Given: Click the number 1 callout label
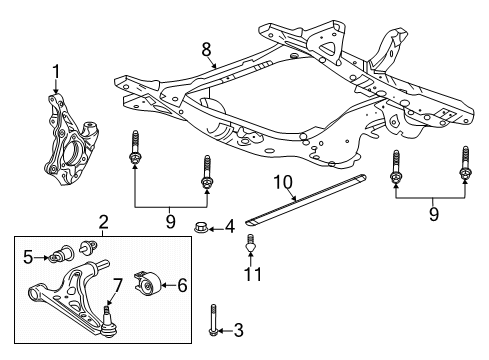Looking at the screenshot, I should (56, 70).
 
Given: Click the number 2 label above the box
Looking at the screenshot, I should (102, 221).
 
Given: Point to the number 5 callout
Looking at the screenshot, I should (28, 258).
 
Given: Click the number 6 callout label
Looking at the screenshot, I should (183, 285).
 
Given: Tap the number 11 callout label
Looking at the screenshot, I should (253, 274).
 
